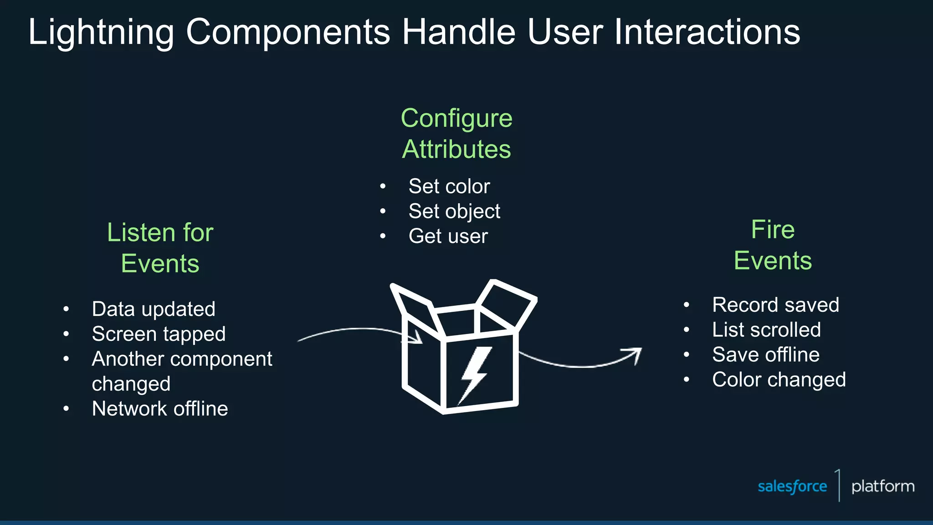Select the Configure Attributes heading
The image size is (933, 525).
click(x=456, y=134)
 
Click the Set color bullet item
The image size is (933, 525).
click(x=449, y=186)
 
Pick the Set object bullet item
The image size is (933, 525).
click(x=454, y=211)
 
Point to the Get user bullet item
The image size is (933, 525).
click(x=448, y=237)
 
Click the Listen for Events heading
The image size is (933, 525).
click(x=160, y=248)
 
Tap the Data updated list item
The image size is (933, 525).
click(x=154, y=309)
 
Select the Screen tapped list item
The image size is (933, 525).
click(x=159, y=334)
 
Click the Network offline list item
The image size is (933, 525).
click(x=160, y=409)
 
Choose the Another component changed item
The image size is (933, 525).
click(x=181, y=371)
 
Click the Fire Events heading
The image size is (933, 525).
click(x=773, y=245)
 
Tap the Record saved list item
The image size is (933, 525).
click(x=775, y=305)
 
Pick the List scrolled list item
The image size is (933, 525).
click(x=766, y=330)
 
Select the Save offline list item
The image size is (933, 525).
click(x=765, y=355)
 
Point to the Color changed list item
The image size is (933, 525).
click(x=779, y=380)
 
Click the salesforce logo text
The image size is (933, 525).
click(x=792, y=487)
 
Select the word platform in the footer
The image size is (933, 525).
click(x=882, y=487)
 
